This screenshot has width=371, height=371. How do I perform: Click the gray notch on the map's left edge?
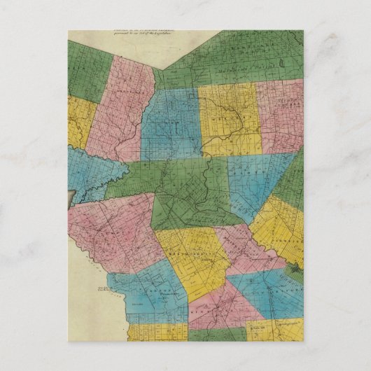click(70, 199)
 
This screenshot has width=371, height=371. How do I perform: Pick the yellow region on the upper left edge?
click(80, 122)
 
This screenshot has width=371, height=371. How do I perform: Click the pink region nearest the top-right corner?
click(280, 115)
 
